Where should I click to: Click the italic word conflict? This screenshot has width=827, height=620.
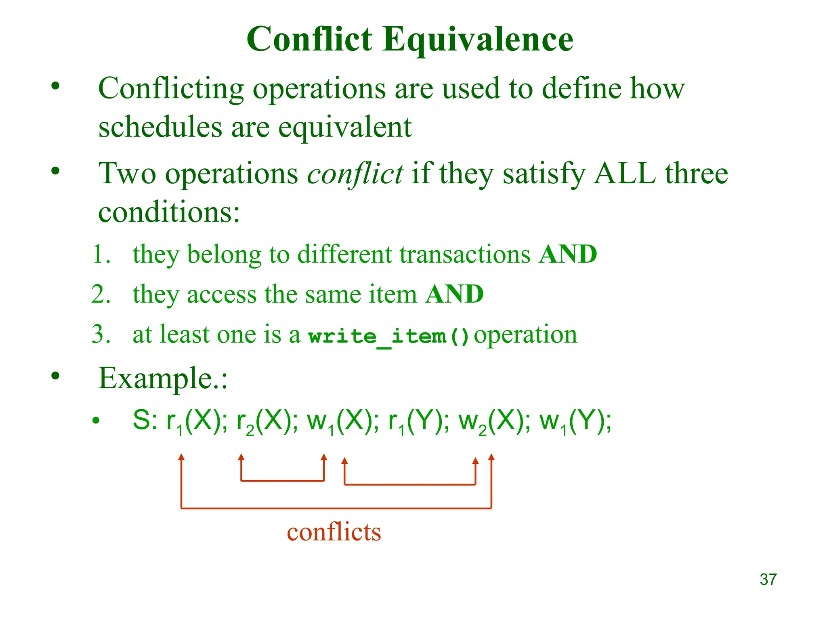click(x=355, y=174)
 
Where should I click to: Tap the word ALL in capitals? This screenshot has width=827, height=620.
click(x=625, y=174)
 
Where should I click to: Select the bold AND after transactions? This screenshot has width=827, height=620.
click(x=568, y=254)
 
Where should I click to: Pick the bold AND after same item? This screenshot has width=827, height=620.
click(x=454, y=294)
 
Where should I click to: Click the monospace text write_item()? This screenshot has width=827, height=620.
click(x=388, y=336)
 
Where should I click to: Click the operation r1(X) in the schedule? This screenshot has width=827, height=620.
click(x=193, y=422)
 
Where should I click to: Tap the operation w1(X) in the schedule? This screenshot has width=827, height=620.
click(x=340, y=422)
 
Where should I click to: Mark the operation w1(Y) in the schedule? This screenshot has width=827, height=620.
click(x=571, y=422)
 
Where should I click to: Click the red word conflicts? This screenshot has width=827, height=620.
click(x=334, y=532)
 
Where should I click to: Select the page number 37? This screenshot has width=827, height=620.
click(x=768, y=579)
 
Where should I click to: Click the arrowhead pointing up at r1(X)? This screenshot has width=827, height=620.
click(x=181, y=457)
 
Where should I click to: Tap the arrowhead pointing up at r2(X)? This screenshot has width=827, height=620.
click(x=241, y=457)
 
